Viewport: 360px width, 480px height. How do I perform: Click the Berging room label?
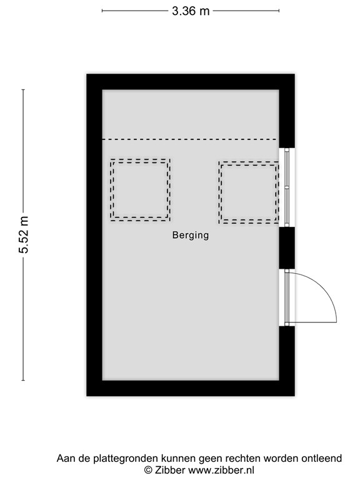[x=191, y=236]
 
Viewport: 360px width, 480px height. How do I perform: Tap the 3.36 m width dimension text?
[x=191, y=11]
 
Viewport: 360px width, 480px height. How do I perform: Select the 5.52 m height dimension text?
[x=24, y=234]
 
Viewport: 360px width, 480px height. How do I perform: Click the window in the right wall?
[x=287, y=186]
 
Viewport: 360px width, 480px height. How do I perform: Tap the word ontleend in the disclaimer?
[x=322, y=458]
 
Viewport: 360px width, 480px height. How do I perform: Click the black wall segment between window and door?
[x=286, y=247]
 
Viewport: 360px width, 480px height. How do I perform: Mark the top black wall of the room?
[x=190, y=82]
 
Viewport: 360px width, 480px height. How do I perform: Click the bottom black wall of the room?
[x=190, y=388]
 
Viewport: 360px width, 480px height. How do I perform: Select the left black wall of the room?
[x=94, y=234]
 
